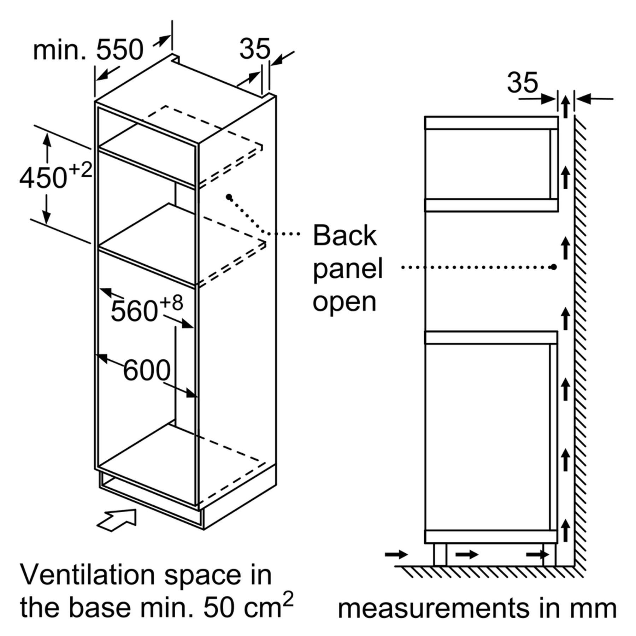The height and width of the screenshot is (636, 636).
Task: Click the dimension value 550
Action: (120, 49)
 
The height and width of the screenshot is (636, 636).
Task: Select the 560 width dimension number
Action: (134, 311)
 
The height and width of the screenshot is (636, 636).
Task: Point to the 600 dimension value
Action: (147, 370)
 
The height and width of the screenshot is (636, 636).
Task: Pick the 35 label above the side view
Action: (523, 83)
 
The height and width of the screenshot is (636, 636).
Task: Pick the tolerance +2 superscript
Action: (80, 170)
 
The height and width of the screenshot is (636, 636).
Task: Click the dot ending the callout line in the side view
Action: (554, 267)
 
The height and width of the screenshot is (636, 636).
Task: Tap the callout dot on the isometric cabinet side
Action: (229, 196)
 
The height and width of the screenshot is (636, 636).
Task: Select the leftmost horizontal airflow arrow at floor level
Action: (396, 554)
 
